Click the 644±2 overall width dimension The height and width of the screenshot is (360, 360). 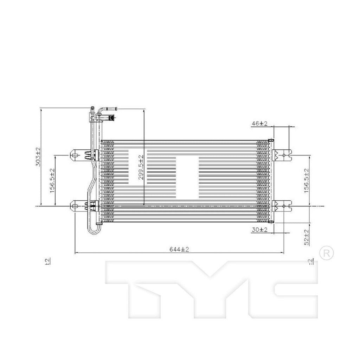pos(179,249)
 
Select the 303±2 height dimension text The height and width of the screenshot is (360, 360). pos(39,156)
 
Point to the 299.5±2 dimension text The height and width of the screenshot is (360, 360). pos(141,168)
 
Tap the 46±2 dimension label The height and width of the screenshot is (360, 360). pos(260,123)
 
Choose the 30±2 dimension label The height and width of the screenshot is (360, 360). pos(260,230)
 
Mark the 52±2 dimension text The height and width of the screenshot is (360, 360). pos(306,237)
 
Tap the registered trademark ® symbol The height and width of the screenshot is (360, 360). pos(326,252)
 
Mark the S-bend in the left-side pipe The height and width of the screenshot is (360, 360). pos(94,176)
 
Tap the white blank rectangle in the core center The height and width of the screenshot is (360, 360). pos(187,177)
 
